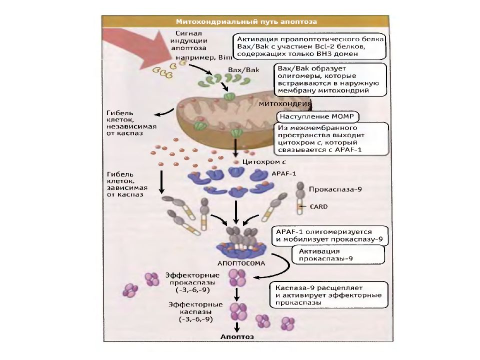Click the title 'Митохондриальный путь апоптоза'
click(246, 21)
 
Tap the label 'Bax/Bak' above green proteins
click(243, 70)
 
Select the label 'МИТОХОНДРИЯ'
click(285, 104)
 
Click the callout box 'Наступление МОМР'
click(317, 116)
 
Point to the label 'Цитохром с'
click(264, 161)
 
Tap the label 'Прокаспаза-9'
click(335, 189)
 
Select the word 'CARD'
click(318, 206)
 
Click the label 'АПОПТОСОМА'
click(241, 263)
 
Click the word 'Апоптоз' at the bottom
click(237, 336)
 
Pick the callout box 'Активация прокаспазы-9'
click(337, 254)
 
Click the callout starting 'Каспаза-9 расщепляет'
click(329, 295)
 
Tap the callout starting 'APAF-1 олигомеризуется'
click(330, 235)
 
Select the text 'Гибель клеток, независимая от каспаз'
click(131, 123)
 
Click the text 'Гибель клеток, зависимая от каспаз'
click(127, 184)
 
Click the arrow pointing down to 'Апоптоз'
click(236, 326)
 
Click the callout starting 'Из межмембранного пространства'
click(333, 138)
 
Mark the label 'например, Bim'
click(203, 57)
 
